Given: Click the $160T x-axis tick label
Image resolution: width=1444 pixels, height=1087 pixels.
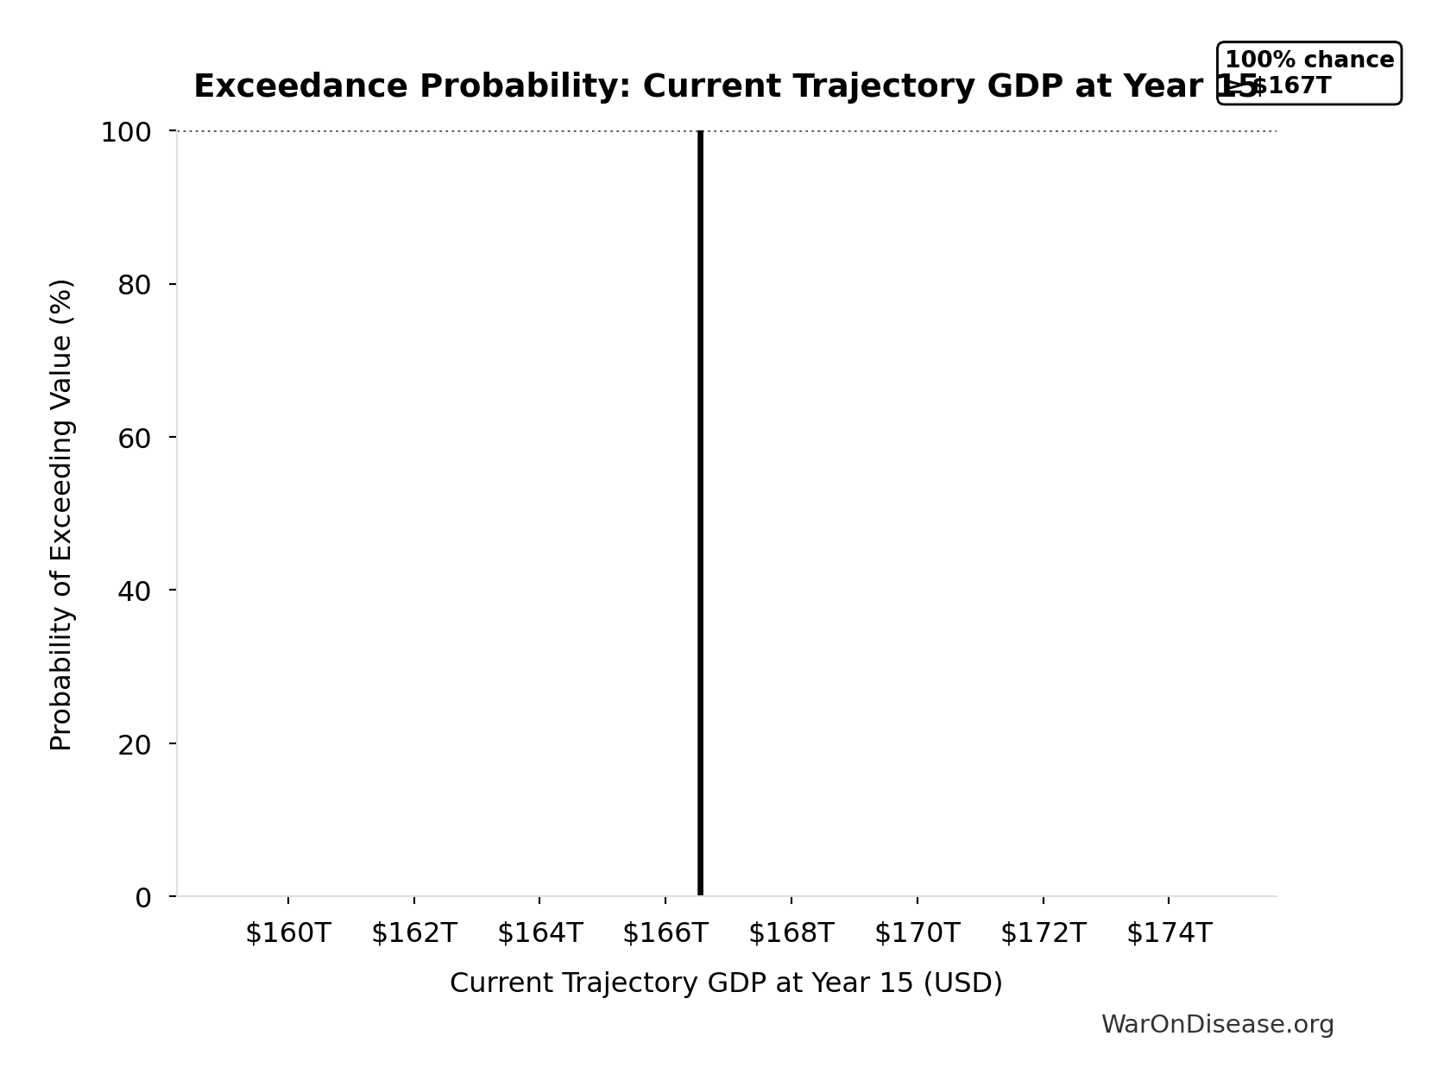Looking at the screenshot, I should [x=287, y=933].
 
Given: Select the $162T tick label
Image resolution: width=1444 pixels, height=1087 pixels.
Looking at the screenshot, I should [x=413, y=933].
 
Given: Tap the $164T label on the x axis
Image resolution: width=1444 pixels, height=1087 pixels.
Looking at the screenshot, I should [x=539, y=933].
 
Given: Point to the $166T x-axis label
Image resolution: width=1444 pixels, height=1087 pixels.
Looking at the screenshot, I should [x=665, y=933].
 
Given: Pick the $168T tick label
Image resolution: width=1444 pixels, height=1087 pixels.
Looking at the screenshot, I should [x=791, y=933].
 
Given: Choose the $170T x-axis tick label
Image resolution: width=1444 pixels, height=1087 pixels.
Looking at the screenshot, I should [x=917, y=933].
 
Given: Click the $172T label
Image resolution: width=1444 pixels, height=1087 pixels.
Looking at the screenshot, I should [x=1043, y=933].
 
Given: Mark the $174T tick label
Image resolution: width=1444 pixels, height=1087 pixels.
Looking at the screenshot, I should [x=1169, y=933].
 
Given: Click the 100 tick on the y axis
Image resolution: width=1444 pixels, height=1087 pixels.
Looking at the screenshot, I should [x=126, y=133].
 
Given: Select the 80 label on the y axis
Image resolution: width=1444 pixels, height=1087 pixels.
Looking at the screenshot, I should [x=135, y=286].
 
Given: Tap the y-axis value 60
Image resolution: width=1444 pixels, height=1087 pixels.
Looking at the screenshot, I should [x=135, y=439].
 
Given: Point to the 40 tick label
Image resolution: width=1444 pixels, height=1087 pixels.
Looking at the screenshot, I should [x=135, y=591].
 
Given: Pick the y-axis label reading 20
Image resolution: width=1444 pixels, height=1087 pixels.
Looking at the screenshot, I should [x=135, y=744].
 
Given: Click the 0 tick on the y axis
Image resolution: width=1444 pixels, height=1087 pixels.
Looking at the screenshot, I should [x=143, y=898].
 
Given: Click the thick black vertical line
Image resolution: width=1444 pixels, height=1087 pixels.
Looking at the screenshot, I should [x=700, y=518].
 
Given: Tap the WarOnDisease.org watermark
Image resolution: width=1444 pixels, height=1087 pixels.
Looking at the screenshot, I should [x=1217, y=1025].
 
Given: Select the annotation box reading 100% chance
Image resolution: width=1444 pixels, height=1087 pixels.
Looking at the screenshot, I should [x=1308, y=73].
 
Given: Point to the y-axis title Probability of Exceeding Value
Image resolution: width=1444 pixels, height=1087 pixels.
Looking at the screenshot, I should [x=61, y=515].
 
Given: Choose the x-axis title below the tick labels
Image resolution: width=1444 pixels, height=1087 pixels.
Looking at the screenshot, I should [x=726, y=983].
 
